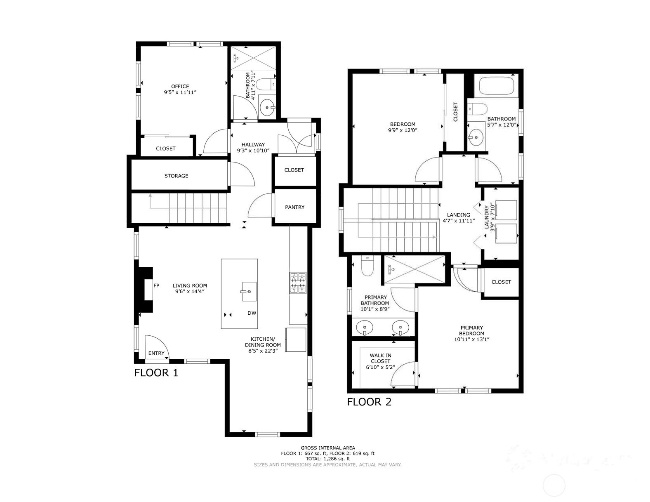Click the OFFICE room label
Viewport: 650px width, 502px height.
point(180,86)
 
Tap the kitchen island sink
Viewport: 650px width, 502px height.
point(249,288)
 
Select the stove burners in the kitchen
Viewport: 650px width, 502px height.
point(298,283)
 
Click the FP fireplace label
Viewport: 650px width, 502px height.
point(156,285)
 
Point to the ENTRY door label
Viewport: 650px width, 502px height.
point(156,353)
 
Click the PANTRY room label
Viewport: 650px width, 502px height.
point(294,207)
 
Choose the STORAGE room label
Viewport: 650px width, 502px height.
point(176,176)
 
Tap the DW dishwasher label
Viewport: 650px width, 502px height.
point(252,313)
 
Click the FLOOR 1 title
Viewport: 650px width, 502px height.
point(156,373)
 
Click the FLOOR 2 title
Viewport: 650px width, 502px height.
point(369,402)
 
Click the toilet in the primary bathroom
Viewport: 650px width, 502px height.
point(367,266)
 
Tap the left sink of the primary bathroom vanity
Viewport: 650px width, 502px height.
point(365,328)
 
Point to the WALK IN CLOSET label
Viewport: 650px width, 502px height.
point(380,358)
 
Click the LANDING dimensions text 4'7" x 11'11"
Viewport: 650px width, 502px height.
point(459,221)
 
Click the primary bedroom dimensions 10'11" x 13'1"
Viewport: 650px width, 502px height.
point(472,339)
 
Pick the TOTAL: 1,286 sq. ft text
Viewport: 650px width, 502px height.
point(327,459)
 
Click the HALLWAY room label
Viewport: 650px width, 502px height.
point(253,145)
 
